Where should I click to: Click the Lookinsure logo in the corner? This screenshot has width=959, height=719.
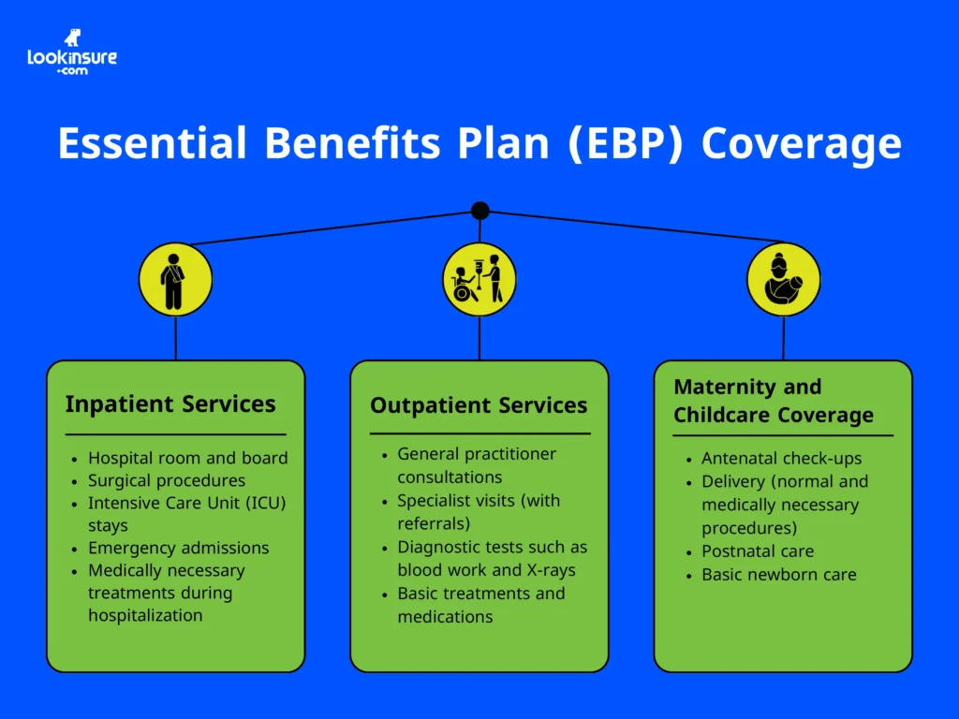[x=72, y=52]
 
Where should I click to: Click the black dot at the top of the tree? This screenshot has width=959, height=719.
[x=479, y=211]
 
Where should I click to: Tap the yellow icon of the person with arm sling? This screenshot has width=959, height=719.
[x=175, y=280]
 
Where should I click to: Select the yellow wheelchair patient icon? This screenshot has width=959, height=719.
[x=479, y=280]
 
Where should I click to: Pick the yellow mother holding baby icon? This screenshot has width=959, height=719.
[x=783, y=280]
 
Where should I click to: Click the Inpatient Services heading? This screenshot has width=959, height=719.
[x=170, y=404]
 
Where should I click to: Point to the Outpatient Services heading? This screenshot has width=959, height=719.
[x=479, y=405]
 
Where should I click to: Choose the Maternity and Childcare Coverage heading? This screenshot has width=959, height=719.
[x=774, y=401]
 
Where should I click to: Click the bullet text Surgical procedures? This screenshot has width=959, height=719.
[x=167, y=480]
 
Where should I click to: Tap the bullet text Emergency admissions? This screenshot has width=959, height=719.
[x=178, y=548]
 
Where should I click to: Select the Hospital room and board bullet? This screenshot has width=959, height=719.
[x=187, y=458]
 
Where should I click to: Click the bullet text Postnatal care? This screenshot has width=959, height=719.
[x=758, y=551]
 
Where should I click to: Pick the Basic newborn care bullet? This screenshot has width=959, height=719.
[x=778, y=574]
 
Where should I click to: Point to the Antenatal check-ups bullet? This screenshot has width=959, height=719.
[x=781, y=459]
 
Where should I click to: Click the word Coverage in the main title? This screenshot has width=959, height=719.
[x=801, y=144]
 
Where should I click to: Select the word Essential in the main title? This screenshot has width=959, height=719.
[x=153, y=144]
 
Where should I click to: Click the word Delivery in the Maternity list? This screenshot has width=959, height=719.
[x=735, y=481]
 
